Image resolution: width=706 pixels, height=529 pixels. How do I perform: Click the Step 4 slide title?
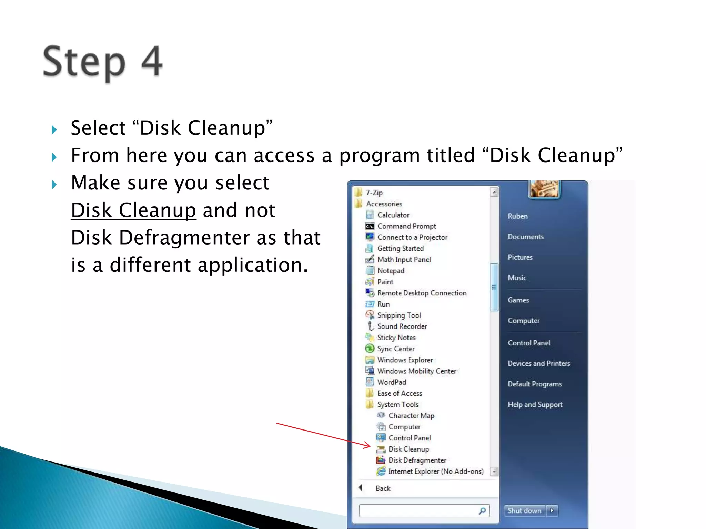point(102,62)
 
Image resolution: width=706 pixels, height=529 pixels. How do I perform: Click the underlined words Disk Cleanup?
point(133,210)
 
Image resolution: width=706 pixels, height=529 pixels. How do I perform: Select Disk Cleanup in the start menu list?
point(409,449)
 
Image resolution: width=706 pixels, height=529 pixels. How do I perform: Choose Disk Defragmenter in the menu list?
point(417,460)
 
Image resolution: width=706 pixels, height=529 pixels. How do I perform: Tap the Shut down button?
point(524,511)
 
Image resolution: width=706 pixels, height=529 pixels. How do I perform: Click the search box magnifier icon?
point(482,511)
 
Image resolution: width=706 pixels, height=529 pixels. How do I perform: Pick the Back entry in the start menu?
point(383,488)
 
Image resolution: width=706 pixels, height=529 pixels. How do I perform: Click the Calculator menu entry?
point(393,215)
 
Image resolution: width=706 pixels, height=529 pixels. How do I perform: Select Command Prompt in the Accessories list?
point(406,226)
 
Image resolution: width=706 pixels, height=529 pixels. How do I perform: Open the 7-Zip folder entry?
point(374,193)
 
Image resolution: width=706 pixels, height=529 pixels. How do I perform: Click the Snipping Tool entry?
point(399,315)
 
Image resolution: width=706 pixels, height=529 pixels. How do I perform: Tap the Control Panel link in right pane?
point(529,343)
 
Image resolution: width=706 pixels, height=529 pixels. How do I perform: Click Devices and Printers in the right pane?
point(539,363)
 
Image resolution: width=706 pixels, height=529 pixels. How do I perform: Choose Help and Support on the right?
point(535,405)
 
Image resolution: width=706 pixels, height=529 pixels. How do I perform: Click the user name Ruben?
point(517,216)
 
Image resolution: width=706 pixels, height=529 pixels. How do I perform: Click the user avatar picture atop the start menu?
point(544,189)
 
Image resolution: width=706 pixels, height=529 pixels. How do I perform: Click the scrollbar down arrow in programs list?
point(494,471)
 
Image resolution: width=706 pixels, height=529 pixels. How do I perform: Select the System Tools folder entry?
point(397,405)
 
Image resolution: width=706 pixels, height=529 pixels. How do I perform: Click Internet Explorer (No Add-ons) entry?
point(435,471)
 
